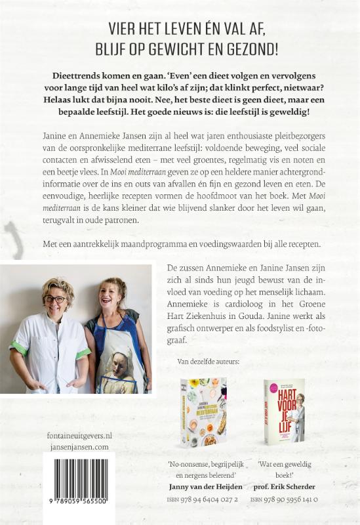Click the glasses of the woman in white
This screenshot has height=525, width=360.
coord(54,299)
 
